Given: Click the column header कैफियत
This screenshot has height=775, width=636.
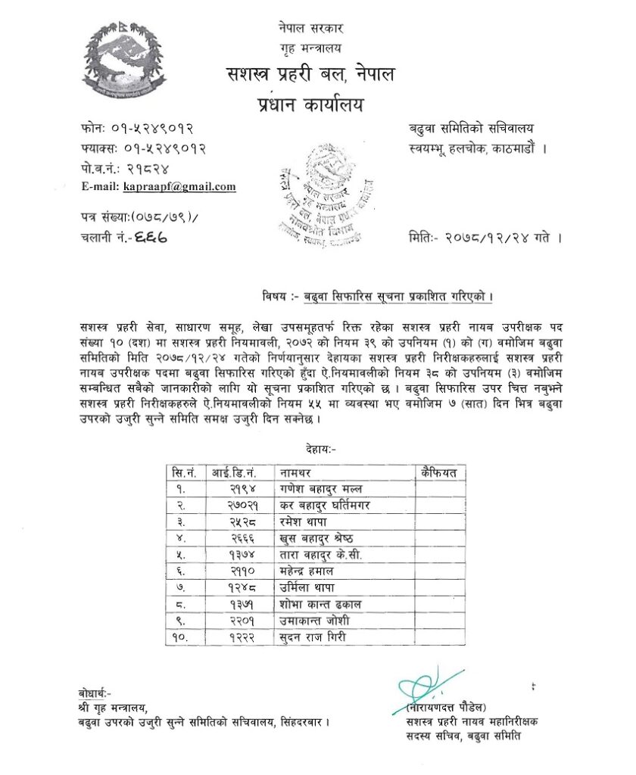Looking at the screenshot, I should coord(439,473).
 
